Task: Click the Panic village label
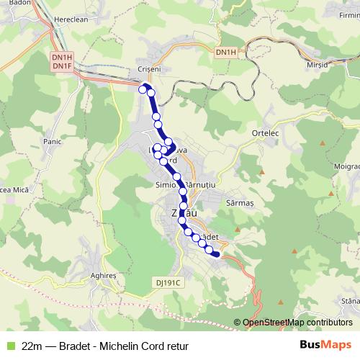(53, 142)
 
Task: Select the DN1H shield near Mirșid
(225, 53)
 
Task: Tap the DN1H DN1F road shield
(63, 63)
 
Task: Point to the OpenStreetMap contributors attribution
(297, 323)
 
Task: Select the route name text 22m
(32, 346)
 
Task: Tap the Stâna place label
(351, 300)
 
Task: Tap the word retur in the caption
(176, 346)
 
